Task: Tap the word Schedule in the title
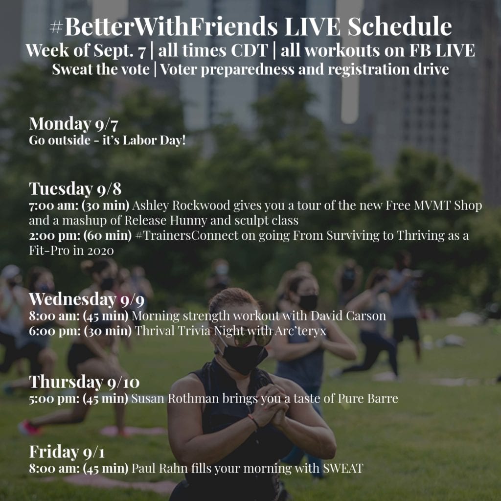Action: coord(400,26)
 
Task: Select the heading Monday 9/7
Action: coord(73,124)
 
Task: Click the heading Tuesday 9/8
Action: coord(75,188)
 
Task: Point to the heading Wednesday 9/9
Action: coord(87,299)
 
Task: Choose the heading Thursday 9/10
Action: coord(84,382)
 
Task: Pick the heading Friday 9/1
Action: coord(67,452)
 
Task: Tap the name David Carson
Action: coord(348,316)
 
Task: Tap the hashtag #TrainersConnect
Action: coord(186,236)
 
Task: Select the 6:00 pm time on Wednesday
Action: coord(55,331)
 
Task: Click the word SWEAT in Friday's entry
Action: coord(343,468)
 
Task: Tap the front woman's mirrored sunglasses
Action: coord(252,339)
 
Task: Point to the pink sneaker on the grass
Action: coord(29,428)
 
